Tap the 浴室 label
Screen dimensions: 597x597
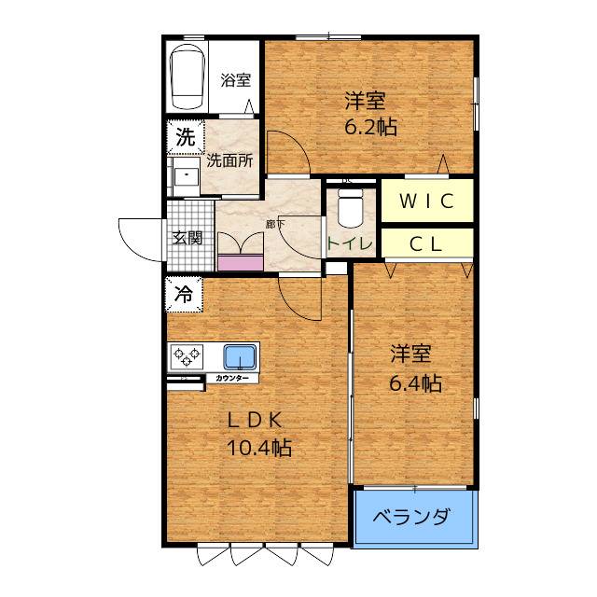point(235,80)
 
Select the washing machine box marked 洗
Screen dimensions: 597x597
point(186,137)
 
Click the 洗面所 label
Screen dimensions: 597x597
point(229,160)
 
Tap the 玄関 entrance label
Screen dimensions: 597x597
point(187,237)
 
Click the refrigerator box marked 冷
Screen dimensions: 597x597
point(184,295)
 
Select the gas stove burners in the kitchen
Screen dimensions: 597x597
point(187,356)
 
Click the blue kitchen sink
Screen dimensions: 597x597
point(240,356)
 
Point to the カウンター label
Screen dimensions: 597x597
point(231,378)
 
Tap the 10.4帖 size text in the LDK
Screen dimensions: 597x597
point(258,448)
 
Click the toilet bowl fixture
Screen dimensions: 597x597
point(350,208)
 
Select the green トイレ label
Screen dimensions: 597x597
point(350,244)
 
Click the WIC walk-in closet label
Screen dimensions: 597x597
point(426,200)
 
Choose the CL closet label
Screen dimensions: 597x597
point(426,244)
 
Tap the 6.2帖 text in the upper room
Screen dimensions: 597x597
point(370,128)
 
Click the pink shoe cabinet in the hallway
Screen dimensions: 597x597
point(240,262)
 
